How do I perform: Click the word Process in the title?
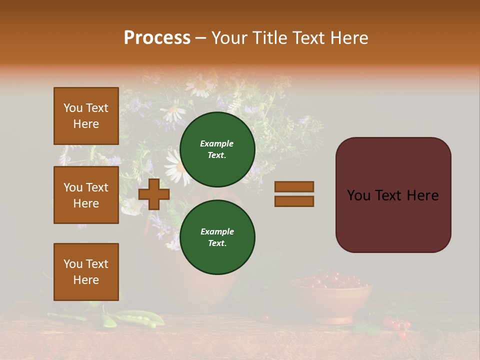point(157,38)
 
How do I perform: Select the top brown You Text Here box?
point(86,116)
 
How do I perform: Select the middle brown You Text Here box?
point(86,195)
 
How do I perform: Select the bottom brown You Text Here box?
point(86,272)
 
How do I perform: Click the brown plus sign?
point(154,194)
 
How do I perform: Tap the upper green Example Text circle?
point(217,149)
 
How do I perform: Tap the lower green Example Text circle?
point(217,237)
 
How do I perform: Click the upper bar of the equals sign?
point(294,186)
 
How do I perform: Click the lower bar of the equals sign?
point(294,201)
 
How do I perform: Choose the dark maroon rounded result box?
point(393,195)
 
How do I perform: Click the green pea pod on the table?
point(135,317)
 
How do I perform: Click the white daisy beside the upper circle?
point(175,167)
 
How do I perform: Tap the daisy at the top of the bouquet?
point(200,85)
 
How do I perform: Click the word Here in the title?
point(348,38)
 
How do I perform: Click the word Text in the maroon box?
point(393,195)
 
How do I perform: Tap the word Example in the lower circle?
point(217,231)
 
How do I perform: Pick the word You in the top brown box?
point(73,108)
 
